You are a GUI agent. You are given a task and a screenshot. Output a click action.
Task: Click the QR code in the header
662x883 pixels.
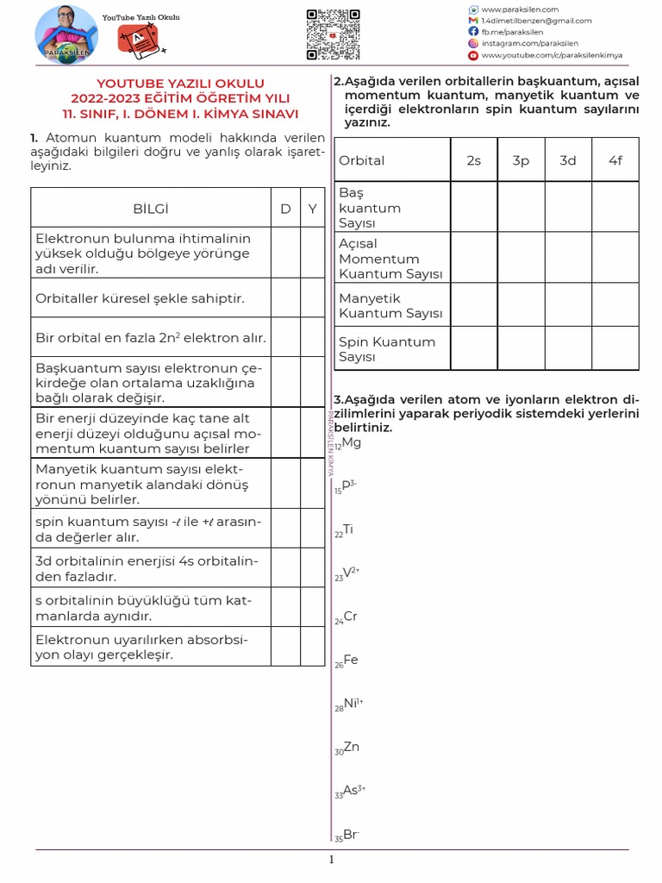point(333,34)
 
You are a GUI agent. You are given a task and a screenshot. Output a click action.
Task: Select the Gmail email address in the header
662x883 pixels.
point(535,21)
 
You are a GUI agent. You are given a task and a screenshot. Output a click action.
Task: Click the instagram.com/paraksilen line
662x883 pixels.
point(529,43)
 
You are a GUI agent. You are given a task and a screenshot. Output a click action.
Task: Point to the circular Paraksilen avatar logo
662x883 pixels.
point(66,35)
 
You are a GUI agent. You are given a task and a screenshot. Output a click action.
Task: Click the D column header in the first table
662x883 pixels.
point(285,209)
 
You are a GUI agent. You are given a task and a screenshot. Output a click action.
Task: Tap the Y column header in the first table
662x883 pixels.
point(312,209)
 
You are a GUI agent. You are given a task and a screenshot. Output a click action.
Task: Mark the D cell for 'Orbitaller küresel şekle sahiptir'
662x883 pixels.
point(285,297)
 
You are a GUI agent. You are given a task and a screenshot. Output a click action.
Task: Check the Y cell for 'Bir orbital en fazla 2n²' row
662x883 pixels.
point(312,337)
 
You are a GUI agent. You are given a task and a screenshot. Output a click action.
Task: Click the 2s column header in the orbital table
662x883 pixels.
point(473,160)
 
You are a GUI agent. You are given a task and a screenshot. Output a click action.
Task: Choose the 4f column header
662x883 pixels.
point(615,160)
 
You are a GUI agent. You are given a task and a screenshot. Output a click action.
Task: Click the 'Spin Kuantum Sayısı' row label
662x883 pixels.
point(386,349)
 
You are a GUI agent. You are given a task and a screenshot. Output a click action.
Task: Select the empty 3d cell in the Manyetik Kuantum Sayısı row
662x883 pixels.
point(568,305)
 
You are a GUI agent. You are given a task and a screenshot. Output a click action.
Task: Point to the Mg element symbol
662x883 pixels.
point(351,443)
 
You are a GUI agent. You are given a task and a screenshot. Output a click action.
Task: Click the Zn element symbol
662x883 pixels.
point(351,748)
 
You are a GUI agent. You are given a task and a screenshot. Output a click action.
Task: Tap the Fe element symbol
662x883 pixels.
point(351,661)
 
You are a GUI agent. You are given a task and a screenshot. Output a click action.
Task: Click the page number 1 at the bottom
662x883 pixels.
point(331,860)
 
